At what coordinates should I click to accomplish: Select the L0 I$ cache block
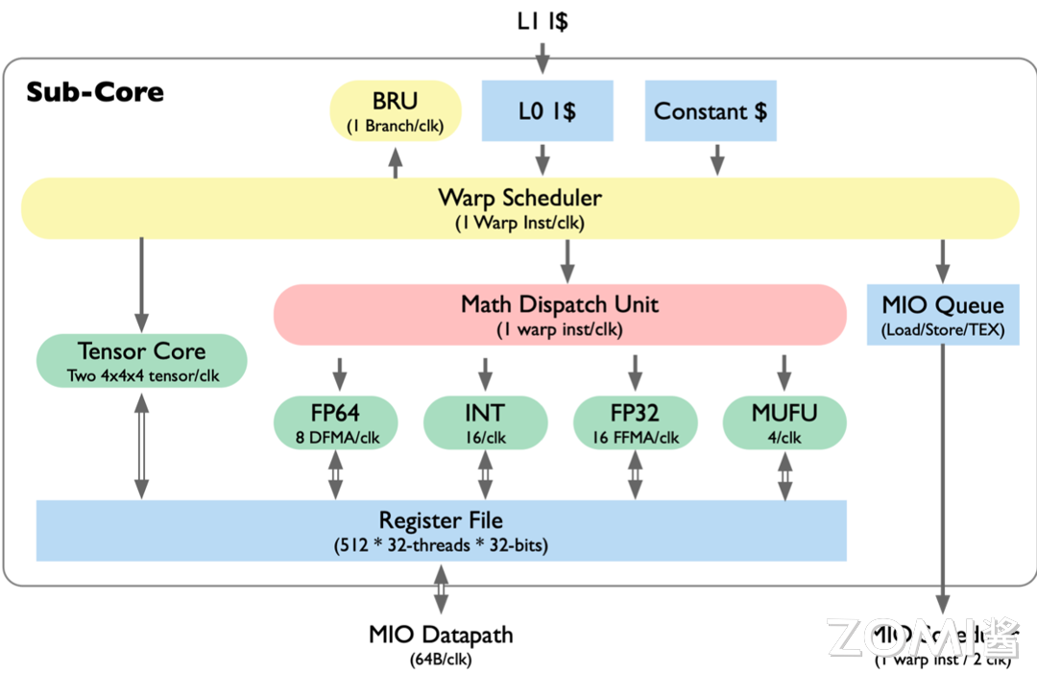point(546,111)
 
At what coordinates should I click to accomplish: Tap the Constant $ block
point(711,111)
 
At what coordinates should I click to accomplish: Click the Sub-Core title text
point(95,92)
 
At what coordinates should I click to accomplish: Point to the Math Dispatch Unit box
point(560,314)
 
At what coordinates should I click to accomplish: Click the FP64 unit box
point(335,423)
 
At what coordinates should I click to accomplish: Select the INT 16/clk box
point(485,423)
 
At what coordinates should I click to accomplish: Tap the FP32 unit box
point(635,423)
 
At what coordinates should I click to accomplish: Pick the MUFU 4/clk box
point(784,423)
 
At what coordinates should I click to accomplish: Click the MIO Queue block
point(943,314)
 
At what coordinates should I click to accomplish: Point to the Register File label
point(441,521)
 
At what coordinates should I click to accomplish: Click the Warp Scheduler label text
point(519,199)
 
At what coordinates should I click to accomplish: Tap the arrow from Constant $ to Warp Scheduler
point(715,159)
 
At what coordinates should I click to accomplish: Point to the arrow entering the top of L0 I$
point(543,58)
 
